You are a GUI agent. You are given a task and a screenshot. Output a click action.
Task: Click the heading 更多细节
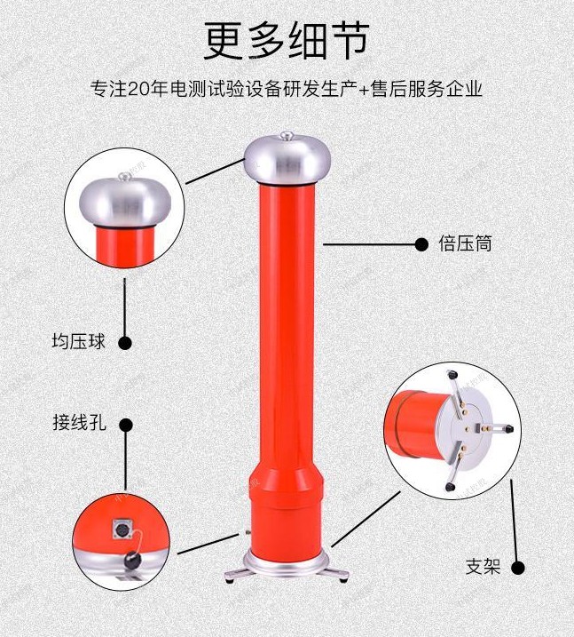(x=287, y=40)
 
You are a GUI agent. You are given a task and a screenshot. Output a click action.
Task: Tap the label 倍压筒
(x=465, y=243)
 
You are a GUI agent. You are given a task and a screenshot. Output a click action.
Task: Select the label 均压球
(x=78, y=341)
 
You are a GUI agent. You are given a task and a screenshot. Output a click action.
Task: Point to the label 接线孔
(x=79, y=423)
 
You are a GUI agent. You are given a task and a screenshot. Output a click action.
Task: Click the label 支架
(x=483, y=566)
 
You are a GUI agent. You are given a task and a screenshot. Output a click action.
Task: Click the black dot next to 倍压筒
(x=422, y=244)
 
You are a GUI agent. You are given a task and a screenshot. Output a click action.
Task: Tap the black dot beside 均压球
(x=125, y=343)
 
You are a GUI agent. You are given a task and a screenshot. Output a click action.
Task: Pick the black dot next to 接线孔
(x=126, y=426)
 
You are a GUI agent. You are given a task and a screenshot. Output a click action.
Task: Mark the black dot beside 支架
(x=517, y=568)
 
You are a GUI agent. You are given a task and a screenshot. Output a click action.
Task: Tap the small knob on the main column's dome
(x=287, y=135)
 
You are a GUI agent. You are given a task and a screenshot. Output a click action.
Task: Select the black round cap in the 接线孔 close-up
(x=131, y=561)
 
